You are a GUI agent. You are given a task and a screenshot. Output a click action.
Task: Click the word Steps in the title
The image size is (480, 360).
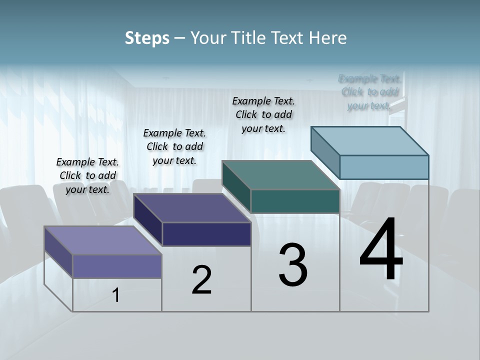click(x=147, y=38)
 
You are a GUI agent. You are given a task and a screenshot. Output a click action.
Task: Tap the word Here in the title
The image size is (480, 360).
click(x=327, y=38)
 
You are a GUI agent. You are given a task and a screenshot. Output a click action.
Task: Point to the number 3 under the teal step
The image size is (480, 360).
click(x=293, y=265)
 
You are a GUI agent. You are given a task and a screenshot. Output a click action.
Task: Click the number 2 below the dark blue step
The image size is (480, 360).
click(x=201, y=280)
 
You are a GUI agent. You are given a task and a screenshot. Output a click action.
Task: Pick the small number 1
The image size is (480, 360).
click(x=116, y=295)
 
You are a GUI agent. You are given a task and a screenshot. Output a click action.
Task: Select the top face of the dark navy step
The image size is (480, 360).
click(x=192, y=208)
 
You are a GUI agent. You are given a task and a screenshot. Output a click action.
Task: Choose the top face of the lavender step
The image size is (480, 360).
click(x=103, y=240)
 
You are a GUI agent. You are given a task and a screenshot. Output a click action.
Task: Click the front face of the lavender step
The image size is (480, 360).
click(x=117, y=266)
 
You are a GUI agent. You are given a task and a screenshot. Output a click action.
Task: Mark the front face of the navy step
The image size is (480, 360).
click(x=206, y=234)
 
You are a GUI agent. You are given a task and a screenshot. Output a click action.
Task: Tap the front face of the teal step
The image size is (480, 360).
click(x=295, y=201)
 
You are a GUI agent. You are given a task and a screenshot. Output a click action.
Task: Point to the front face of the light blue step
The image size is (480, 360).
click(x=384, y=167)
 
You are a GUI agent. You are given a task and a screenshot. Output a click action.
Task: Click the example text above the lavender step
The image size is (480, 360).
click(x=87, y=175)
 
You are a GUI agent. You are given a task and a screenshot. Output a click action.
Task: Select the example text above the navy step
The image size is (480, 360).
click(x=174, y=146)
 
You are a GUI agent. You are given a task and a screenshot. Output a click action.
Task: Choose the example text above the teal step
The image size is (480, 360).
click(x=263, y=114)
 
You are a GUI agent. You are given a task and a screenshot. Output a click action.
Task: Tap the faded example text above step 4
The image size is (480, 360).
click(x=369, y=92)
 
